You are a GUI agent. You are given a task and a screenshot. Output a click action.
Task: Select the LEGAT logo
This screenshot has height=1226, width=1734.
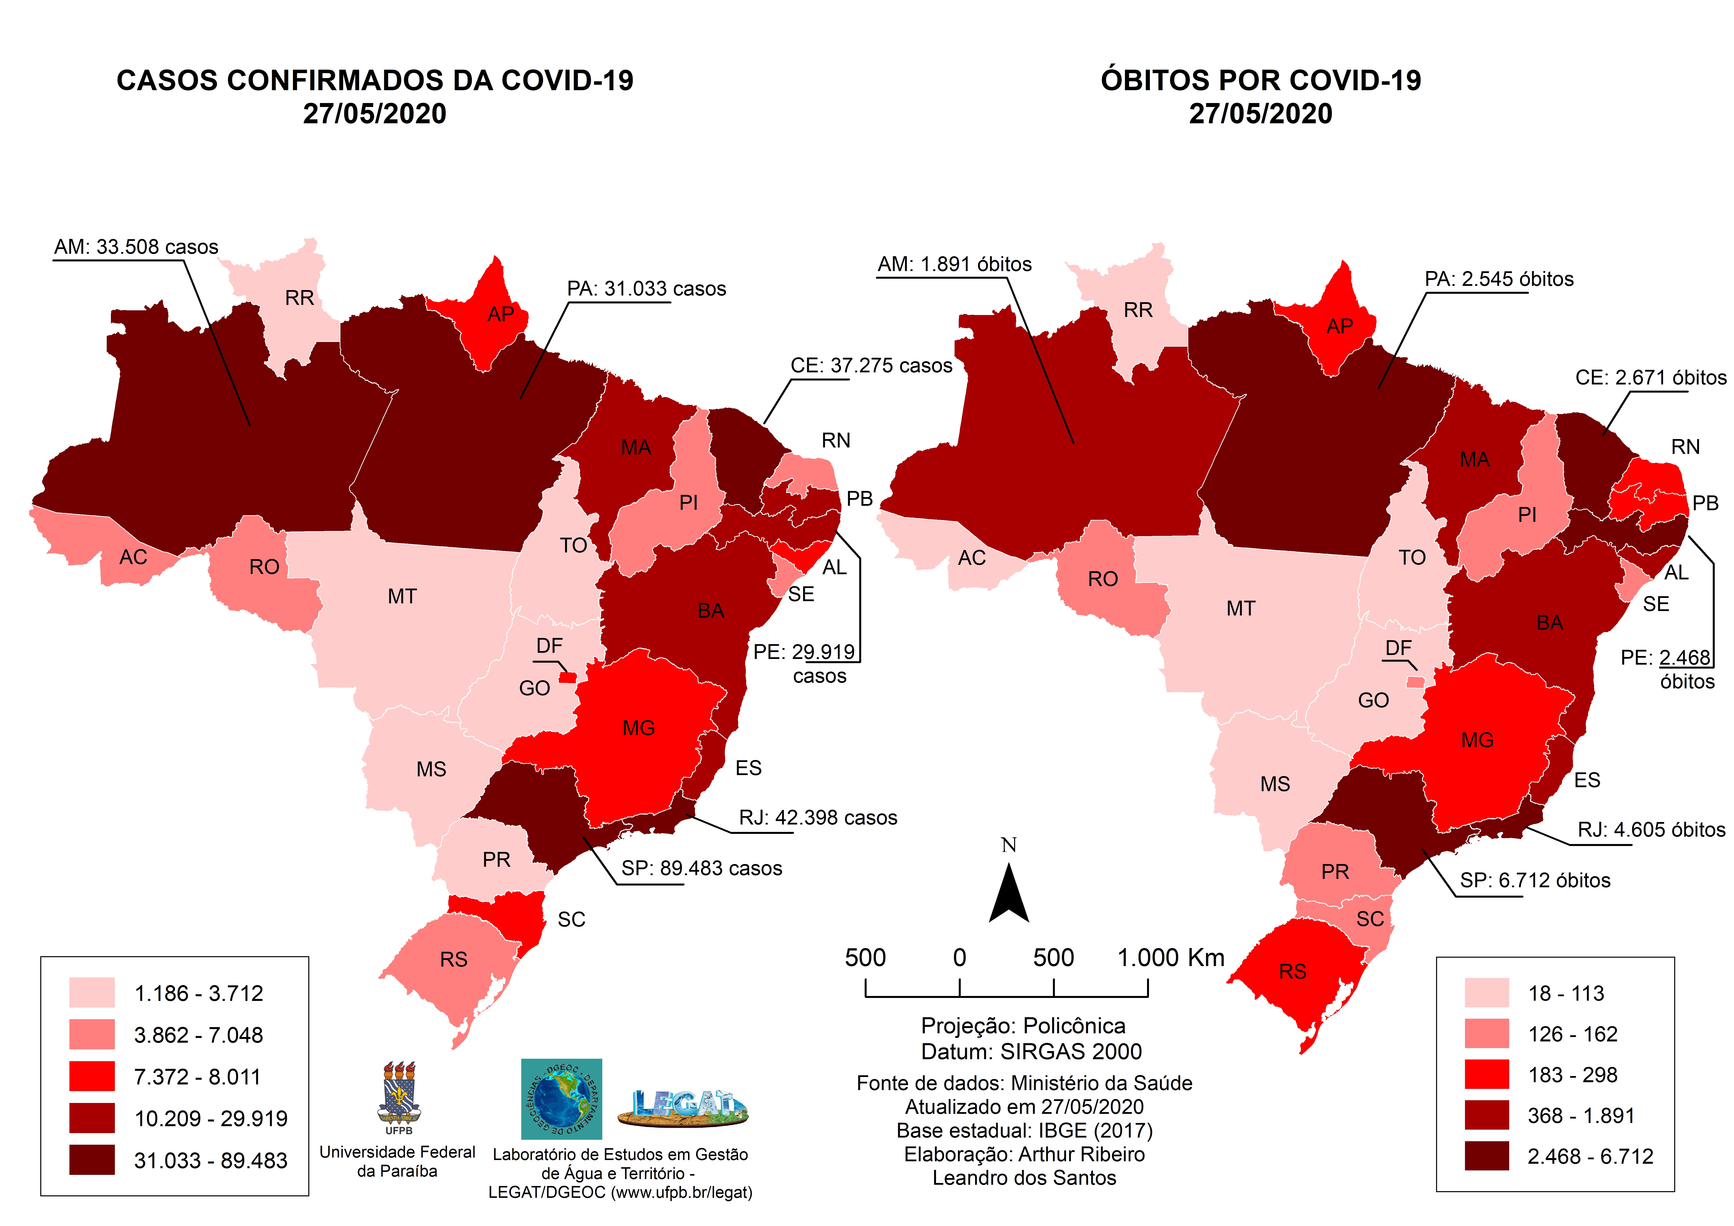pos(683,1107)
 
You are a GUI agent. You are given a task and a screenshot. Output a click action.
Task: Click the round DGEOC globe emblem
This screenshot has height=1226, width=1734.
pos(561,1099)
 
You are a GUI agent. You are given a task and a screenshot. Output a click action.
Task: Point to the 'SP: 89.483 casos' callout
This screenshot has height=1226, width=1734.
pos(702,869)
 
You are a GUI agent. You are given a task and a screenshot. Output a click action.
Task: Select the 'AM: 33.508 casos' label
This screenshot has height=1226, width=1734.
pos(136,247)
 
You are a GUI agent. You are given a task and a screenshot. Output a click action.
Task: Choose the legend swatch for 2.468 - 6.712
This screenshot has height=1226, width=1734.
pos(1486,1156)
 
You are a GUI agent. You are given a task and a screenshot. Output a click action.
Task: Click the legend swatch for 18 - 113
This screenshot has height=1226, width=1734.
pos(1486,993)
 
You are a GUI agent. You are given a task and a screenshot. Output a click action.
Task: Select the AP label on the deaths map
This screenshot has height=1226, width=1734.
pos(1340,326)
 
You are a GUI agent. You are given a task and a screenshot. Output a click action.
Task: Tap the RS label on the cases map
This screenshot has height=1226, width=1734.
pos(454,959)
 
